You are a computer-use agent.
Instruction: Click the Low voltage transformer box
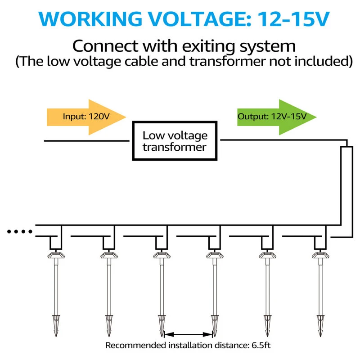[x=175, y=141]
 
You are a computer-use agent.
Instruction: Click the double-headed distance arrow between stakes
[x=189, y=334]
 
